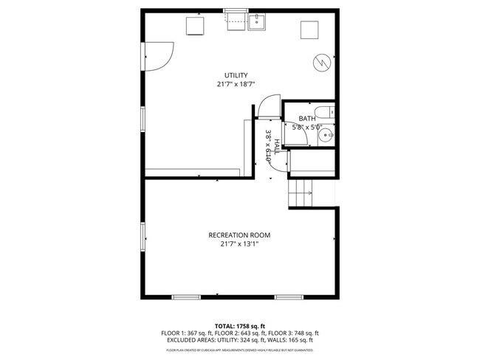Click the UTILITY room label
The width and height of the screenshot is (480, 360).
[x=236, y=75]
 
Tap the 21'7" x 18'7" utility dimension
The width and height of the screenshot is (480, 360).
[x=236, y=84]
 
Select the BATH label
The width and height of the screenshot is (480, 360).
[x=307, y=118]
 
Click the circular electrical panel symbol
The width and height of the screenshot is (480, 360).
[x=321, y=63]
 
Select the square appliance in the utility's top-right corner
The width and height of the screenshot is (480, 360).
[x=309, y=30]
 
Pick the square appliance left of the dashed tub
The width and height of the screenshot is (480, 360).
[x=195, y=25]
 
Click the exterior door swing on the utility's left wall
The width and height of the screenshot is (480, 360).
[x=157, y=55]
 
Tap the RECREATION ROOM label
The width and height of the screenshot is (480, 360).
[x=239, y=235]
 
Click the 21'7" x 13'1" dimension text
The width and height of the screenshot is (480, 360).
[x=239, y=244]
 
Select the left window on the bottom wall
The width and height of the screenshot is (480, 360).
[x=186, y=297]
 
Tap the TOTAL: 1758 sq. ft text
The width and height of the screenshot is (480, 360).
[x=239, y=325]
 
